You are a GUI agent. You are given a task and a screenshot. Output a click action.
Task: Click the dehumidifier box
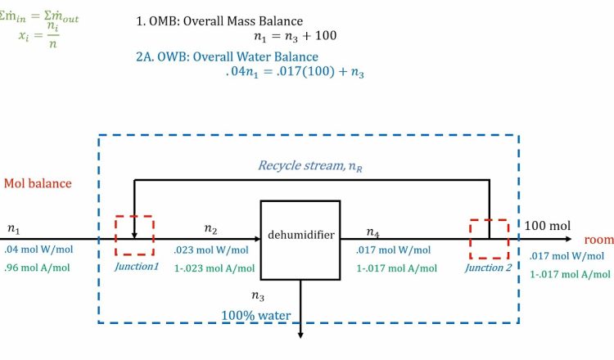[300, 236]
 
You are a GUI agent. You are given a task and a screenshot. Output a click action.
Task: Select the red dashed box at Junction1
[133, 236]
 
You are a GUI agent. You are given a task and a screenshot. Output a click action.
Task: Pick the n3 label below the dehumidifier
[257, 295]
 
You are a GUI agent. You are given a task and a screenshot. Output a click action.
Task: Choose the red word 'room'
[598, 240]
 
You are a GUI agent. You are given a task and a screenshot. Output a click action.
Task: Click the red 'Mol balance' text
[37, 183]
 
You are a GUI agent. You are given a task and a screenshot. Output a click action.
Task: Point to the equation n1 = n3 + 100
[295, 36]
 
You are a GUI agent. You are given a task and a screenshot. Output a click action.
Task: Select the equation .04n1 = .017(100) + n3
[295, 72]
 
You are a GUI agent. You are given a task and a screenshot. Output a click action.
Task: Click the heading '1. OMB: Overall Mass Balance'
[219, 20]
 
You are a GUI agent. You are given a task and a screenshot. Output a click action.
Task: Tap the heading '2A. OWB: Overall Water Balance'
[227, 56]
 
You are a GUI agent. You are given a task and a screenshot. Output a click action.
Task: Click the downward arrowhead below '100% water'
[300, 333]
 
